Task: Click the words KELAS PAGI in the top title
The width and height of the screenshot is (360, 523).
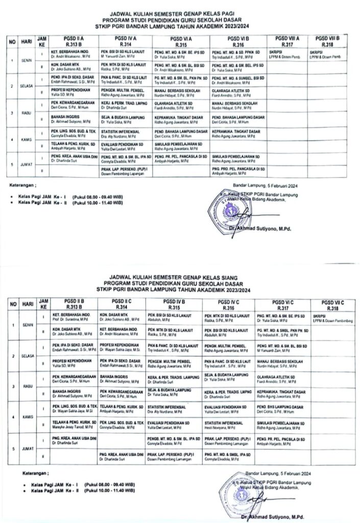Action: click(x=204, y=15)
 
